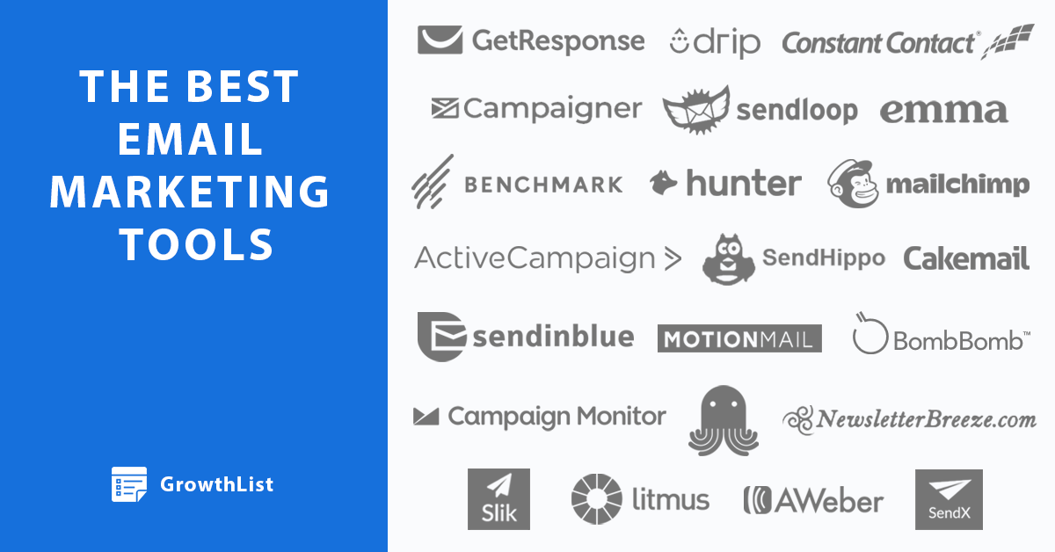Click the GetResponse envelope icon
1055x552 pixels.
[x=440, y=40]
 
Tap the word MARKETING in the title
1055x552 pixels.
[x=190, y=192]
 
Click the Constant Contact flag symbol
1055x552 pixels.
[x=1008, y=41]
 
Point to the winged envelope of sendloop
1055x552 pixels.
[x=696, y=110]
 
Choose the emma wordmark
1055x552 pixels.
[x=944, y=111]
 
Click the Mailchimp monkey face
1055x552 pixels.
[x=854, y=184]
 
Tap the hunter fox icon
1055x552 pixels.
[x=663, y=183]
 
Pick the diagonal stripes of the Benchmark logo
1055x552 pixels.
[x=433, y=182]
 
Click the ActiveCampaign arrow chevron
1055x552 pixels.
[x=673, y=259]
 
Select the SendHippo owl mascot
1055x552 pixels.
[x=729, y=259]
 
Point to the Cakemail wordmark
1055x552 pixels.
[x=966, y=258]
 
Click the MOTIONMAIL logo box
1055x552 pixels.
[x=739, y=338]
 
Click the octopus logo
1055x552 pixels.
[x=724, y=421]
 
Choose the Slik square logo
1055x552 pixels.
[x=498, y=499]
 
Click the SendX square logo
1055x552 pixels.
[x=949, y=500]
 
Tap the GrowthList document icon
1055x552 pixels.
[x=129, y=484]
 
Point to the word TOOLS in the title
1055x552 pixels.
[x=196, y=244]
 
